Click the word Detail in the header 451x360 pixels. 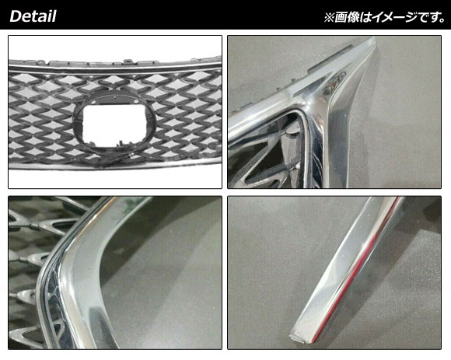pyautogui.click(x=33, y=16)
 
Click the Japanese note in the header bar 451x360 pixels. pyautogui.click(x=385, y=17)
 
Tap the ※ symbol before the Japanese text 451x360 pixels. pyautogui.click(x=329, y=18)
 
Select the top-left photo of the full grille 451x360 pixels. pyautogui.click(x=115, y=112)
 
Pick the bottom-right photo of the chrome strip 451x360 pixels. pyautogui.click(x=334, y=273)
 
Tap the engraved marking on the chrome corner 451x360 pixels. pyautogui.click(x=334, y=82)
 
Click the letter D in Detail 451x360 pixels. pyautogui.click(x=16, y=16)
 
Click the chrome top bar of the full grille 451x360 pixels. pyautogui.click(x=115, y=68)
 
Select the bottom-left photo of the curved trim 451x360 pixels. pyautogui.click(x=115, y=273)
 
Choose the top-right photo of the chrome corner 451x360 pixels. pyautogui.click(x=334, y=112)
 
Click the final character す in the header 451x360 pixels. pyautogui.click(x=435, y=17)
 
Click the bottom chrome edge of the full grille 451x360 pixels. pyautogui.click(x=115, y=166)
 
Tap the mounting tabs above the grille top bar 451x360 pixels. pyautogui.click(x=115, y=61)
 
